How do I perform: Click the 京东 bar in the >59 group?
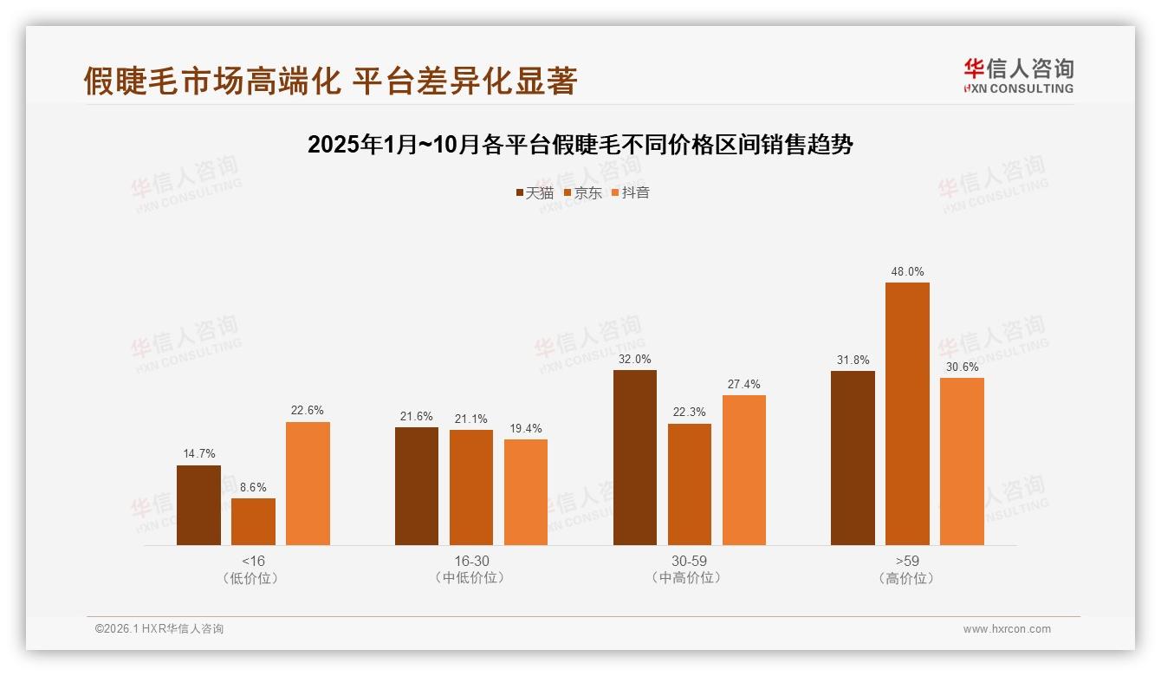coord(907,413)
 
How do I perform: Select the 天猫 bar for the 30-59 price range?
coord(634,458)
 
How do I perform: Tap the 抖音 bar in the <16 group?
coord(308,484)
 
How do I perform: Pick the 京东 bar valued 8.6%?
coord(253,522)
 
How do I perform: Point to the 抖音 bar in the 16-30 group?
coord(526,492)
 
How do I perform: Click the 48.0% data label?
coord(907,272)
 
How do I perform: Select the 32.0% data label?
coord(634,360)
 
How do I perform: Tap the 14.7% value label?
coord(198,454)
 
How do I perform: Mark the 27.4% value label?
coord(743,385)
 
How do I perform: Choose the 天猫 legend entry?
coord(535,193)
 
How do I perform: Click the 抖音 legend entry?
coord(631,193)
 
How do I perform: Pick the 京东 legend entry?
coord(582,193)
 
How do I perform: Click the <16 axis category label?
coord(253,561)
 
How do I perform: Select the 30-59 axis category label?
coord(689,561)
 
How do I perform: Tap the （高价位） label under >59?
coord(907,578)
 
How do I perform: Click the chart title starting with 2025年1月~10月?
coord(580,145)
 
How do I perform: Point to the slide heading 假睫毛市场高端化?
coord(330,81)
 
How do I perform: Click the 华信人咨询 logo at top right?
coord(1018,75)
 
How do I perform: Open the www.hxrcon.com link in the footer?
coord(1007,629)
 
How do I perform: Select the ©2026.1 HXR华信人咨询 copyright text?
coord(159,629)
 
